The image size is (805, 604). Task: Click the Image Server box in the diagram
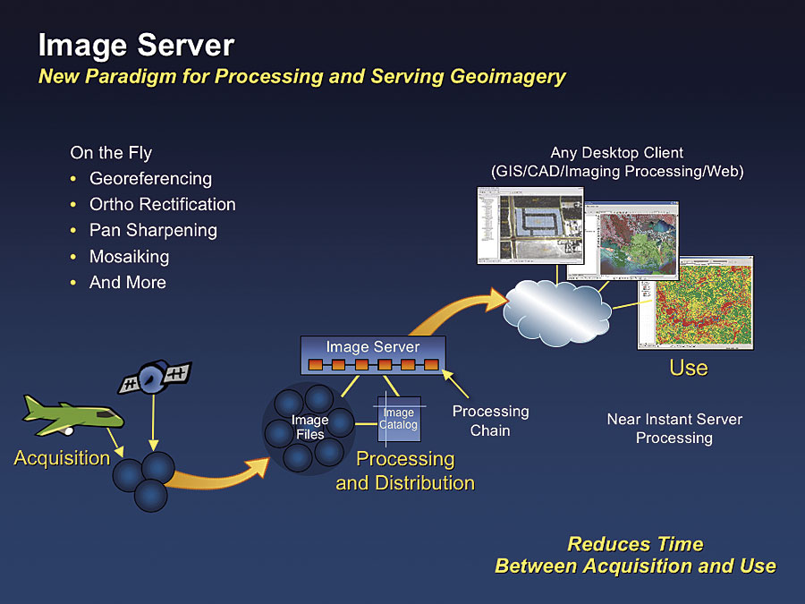tap(372, 355)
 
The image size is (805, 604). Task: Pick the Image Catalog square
tap(398, 419)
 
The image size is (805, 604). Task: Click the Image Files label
tap(309, 428)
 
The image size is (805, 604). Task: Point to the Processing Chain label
tap(490, 421)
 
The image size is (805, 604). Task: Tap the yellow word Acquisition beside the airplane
tap(62, 458)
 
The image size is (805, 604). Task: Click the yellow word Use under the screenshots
tap(688, 368)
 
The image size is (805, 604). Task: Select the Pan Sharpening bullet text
tap(153, 230)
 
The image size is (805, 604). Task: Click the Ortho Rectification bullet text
tap(162, 204)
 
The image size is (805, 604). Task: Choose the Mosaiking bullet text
tap(129, 257)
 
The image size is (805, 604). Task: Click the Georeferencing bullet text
tap(150, 178)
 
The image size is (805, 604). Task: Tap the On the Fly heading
tap(111, 153)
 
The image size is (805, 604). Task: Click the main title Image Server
tap(136, 45)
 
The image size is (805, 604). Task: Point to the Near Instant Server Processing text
tap(674, 429)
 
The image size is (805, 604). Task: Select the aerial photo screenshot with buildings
tap(530, 225)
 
